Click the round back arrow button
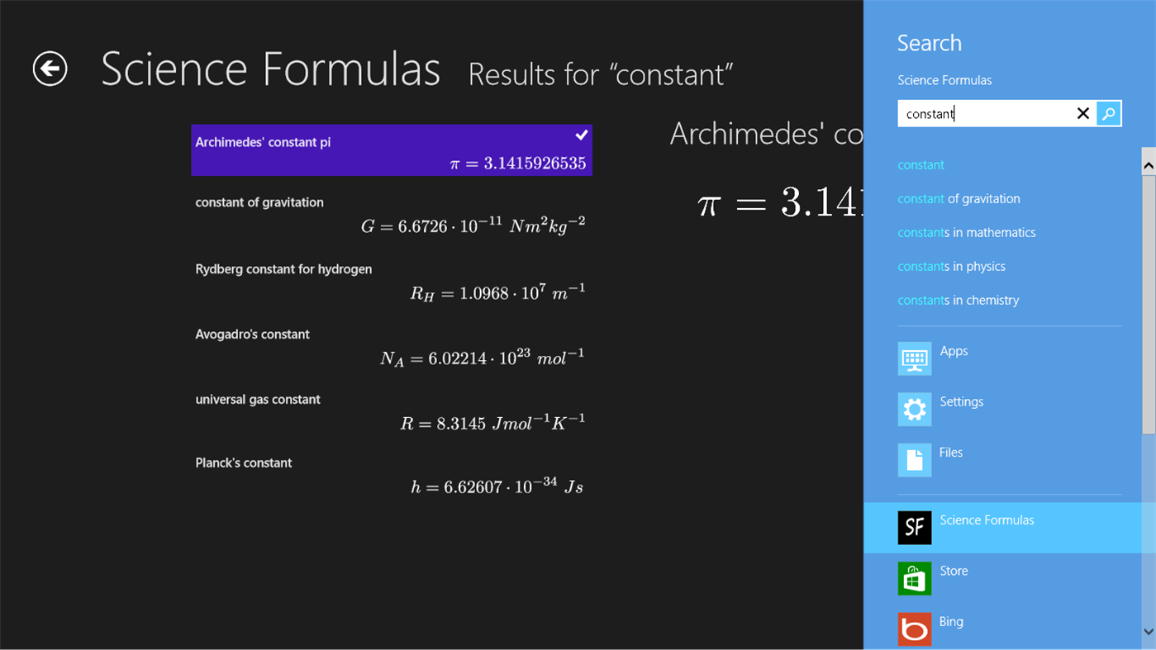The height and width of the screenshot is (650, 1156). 50,69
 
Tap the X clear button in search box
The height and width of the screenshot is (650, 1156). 1082,114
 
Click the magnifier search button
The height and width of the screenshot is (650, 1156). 1109,114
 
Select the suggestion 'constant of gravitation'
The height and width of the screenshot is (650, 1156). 959,199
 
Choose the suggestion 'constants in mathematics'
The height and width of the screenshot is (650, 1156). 966,233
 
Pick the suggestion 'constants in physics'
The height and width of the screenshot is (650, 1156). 951,267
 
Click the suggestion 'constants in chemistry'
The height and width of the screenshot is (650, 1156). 958,301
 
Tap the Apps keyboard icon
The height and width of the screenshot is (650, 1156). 914,358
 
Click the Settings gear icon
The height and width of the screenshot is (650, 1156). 914,410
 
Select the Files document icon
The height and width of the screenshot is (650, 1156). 914,460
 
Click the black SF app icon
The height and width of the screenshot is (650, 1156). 914,528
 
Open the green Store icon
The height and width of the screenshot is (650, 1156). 914,578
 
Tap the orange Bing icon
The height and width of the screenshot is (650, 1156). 914,629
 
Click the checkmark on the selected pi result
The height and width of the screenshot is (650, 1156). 582,135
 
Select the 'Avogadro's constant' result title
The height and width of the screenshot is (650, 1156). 252,334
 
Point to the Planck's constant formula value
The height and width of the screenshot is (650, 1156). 497,486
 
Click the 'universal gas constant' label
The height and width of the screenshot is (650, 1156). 257,400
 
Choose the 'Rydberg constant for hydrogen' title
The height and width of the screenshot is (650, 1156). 283,269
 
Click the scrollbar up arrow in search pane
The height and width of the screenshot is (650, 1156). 1148,166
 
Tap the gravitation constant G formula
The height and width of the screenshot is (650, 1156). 473,225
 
